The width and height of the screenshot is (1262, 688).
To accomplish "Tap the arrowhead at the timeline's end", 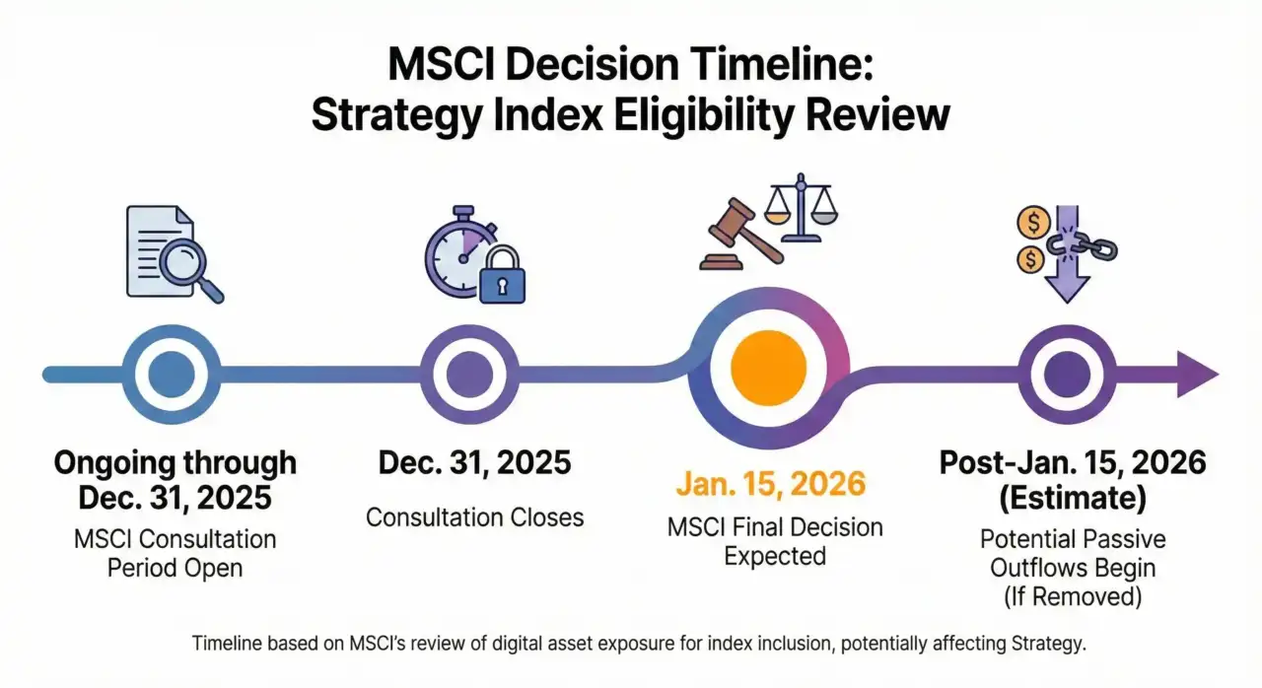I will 1195,375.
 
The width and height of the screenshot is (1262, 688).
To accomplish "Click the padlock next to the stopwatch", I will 502,278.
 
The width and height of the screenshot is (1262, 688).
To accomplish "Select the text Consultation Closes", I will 475,516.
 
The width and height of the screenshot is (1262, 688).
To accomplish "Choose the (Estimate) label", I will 1073,499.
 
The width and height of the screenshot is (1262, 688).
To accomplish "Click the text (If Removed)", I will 1072,598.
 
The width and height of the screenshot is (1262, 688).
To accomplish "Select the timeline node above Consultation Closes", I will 469,374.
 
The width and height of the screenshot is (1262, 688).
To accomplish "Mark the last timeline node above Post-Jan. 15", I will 1068,374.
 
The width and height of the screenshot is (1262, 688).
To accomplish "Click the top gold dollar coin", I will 1032,223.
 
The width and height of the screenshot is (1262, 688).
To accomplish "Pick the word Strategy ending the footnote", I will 1048,644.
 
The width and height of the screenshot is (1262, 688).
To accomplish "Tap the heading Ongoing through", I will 175,462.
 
